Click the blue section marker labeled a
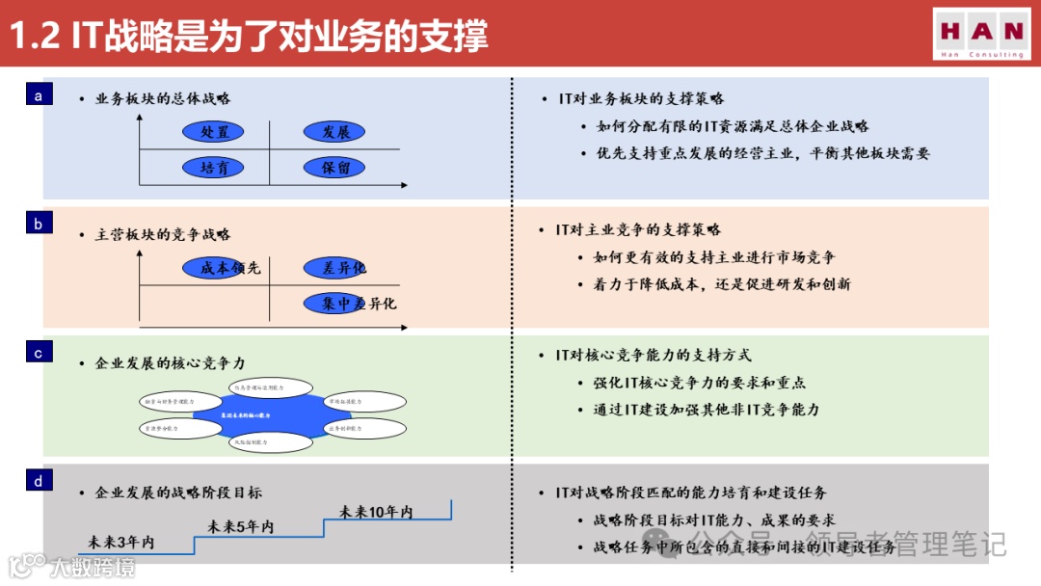39,95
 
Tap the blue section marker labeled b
39,225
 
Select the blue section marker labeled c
39,353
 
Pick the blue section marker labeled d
39,481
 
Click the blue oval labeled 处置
214,132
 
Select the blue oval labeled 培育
214,168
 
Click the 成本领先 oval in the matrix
224,268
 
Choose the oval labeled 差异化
334,268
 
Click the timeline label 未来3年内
120,543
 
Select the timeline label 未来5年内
241,526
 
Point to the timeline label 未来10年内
376,512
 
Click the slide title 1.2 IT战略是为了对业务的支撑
249,35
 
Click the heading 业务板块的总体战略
163,98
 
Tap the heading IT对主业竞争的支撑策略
638,229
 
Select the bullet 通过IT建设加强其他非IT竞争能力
707,410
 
